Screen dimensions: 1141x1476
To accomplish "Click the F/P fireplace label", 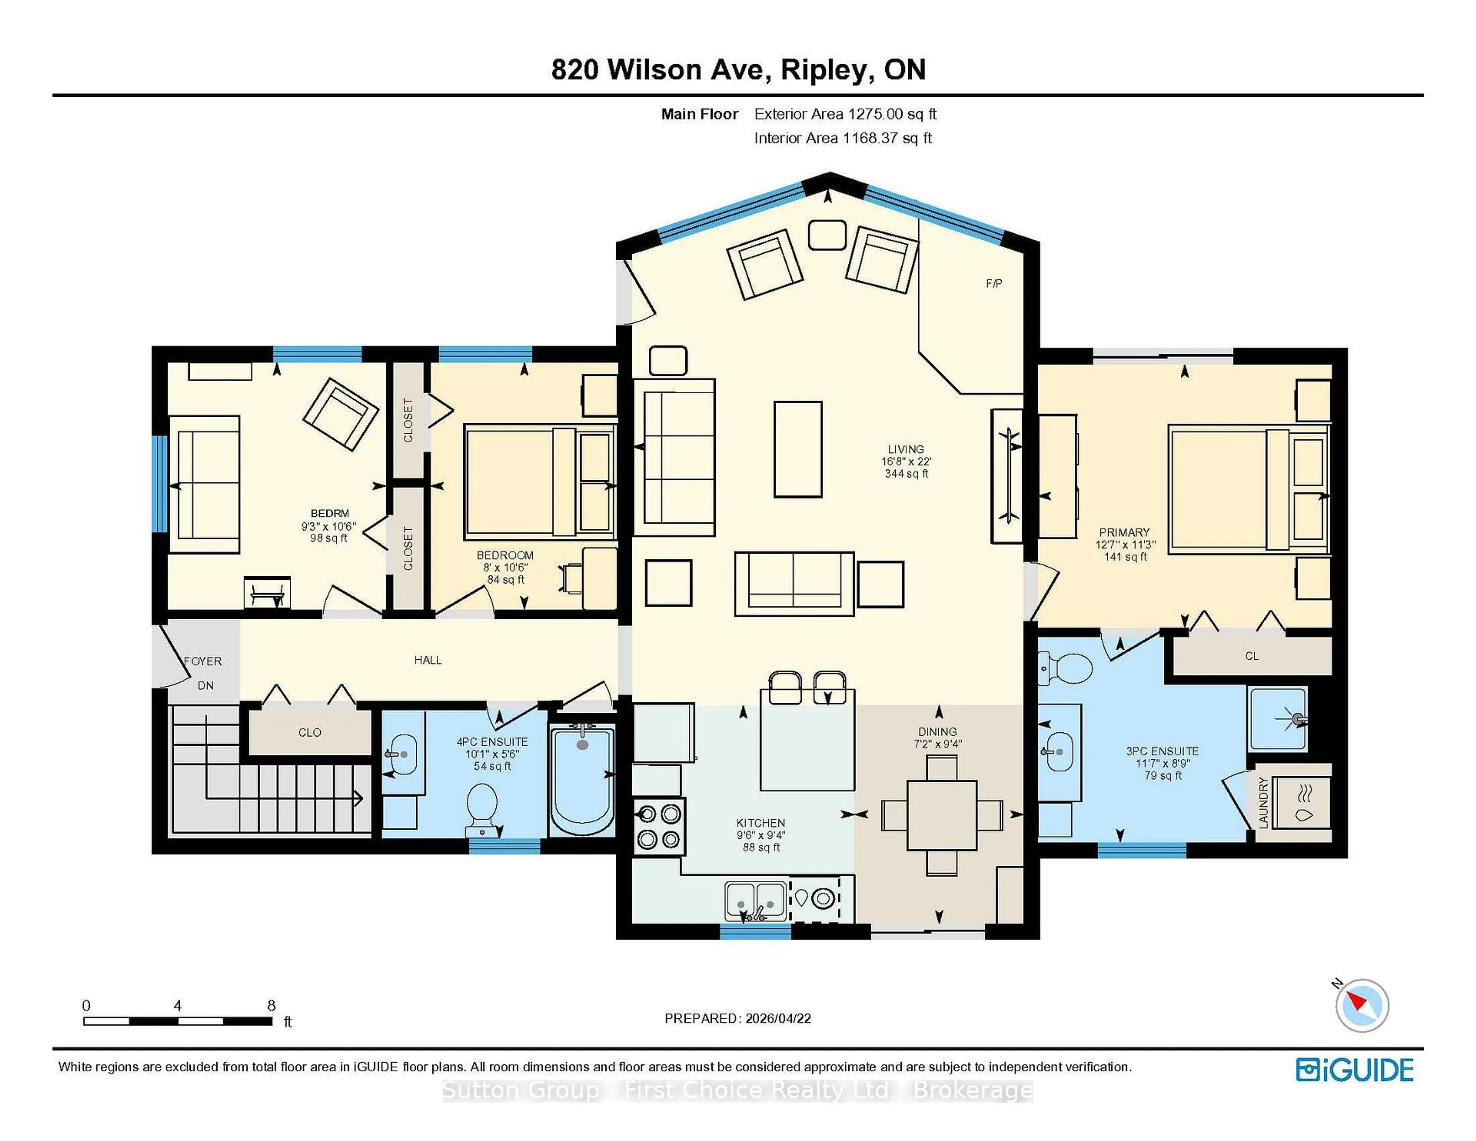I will pyautogui.click(x=994, y=284).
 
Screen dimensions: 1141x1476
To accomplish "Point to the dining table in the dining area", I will pyautogui.click(x=941, y=815).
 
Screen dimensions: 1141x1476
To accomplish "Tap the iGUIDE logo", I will pyautogui.click(x=1355, y=1070).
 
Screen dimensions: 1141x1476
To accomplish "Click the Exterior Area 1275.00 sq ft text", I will pyautogui.click(x=845, y=114).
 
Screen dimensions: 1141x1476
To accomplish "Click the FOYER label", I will pyautogui.click(x=203, y=661).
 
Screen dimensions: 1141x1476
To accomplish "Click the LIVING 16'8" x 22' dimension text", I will pyautogui.click(x=906, y=461).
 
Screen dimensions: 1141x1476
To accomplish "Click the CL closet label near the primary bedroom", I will pyautogui.click(x=1252, y=656).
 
